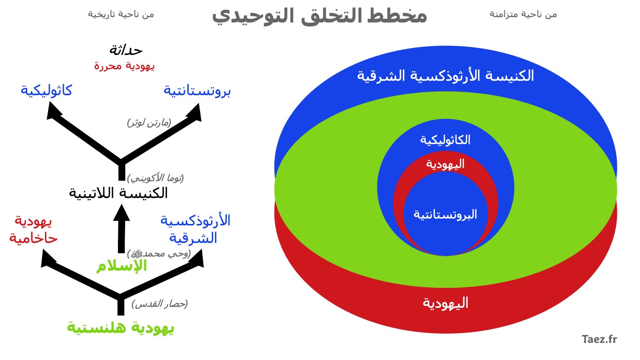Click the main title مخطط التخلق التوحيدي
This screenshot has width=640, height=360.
coord(319,16)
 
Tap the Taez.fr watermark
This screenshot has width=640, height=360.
coord(600,339)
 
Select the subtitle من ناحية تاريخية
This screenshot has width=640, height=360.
coord(121,15)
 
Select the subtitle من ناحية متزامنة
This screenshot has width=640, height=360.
coord(523,15)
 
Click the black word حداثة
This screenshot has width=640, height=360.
coord(126,50)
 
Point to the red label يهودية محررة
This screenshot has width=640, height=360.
coord(124,66)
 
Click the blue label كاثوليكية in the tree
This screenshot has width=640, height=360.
coord(46,91)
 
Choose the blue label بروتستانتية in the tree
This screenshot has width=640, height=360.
coord(197,91)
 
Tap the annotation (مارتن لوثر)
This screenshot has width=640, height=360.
coord(149,123)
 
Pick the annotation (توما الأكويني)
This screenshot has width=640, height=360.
coord(156,178)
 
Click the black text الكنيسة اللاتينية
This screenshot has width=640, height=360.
coord(118,193)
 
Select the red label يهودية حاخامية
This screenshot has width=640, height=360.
coord(33,230)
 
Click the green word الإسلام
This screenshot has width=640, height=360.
coord(122,266)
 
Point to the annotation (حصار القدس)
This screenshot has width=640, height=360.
coord(160,304)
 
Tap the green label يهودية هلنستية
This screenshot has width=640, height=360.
coord(120,328)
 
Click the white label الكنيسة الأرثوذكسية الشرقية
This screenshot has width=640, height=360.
coord(445,76)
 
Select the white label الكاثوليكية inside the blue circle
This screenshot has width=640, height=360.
coord(445,140)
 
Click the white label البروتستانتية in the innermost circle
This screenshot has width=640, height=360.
coord(445,214)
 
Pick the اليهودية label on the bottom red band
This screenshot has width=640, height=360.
coord(445,303)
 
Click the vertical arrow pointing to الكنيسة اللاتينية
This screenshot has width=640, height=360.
coord(122,229)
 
